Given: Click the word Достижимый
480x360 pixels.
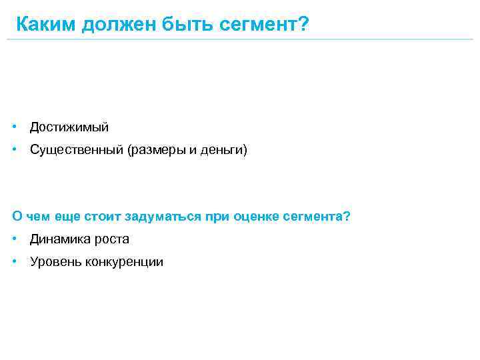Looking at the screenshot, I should (x=69, y=127).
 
